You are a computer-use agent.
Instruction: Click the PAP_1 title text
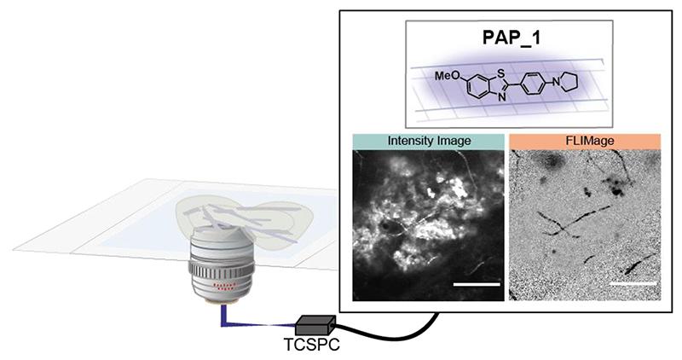(508, 39)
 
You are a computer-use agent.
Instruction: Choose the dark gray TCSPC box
(315, 324)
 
